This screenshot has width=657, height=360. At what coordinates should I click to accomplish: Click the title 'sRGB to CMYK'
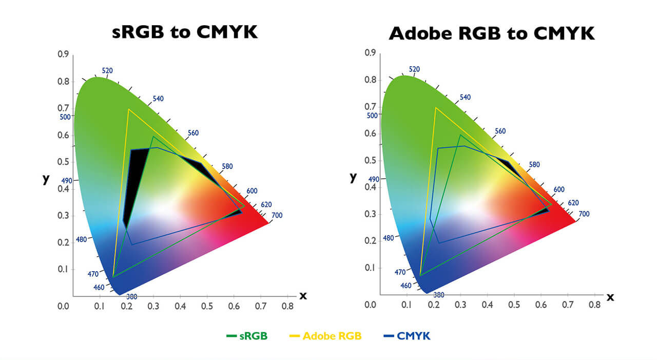[x=185, y=32]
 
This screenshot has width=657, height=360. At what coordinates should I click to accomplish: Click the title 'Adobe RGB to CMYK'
[x=492, y=33]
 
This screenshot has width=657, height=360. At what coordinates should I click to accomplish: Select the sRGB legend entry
[x=247, y=336]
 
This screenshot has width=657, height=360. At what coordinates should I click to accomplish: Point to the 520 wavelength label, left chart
[x=107, y=71]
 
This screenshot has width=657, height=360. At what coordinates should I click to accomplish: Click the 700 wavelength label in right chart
[x=584, y=214]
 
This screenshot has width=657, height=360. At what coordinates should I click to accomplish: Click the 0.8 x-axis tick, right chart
[x=595, y=305]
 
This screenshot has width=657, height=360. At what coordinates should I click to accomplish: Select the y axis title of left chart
[x=46, y=179]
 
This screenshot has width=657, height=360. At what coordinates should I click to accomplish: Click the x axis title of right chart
[x=610, y=296]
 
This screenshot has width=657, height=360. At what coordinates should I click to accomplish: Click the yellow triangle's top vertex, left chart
[x=128, y=109]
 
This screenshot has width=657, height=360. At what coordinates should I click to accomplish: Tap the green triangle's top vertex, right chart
[x=460, y=135]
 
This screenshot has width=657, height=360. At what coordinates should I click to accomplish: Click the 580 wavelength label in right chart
[x=534, y=165]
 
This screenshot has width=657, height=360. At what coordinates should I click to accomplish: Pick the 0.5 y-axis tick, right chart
[x=371, y=160]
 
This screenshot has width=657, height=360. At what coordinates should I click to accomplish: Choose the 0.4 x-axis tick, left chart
[x=180, y=306]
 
